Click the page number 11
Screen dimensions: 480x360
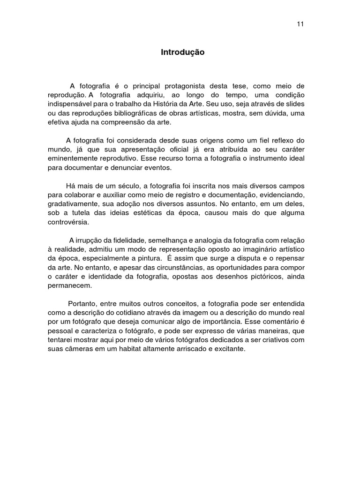pyautogui.click(x=300, y=24)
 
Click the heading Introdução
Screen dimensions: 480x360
pyautogui.click(x=183, y=53)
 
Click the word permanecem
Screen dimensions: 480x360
pyautogui.click(x=70, y=285)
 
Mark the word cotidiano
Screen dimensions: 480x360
pyautogui.click(x=124, y=313)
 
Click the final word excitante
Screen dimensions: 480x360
pyautogui.click(x=229, y=349)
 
